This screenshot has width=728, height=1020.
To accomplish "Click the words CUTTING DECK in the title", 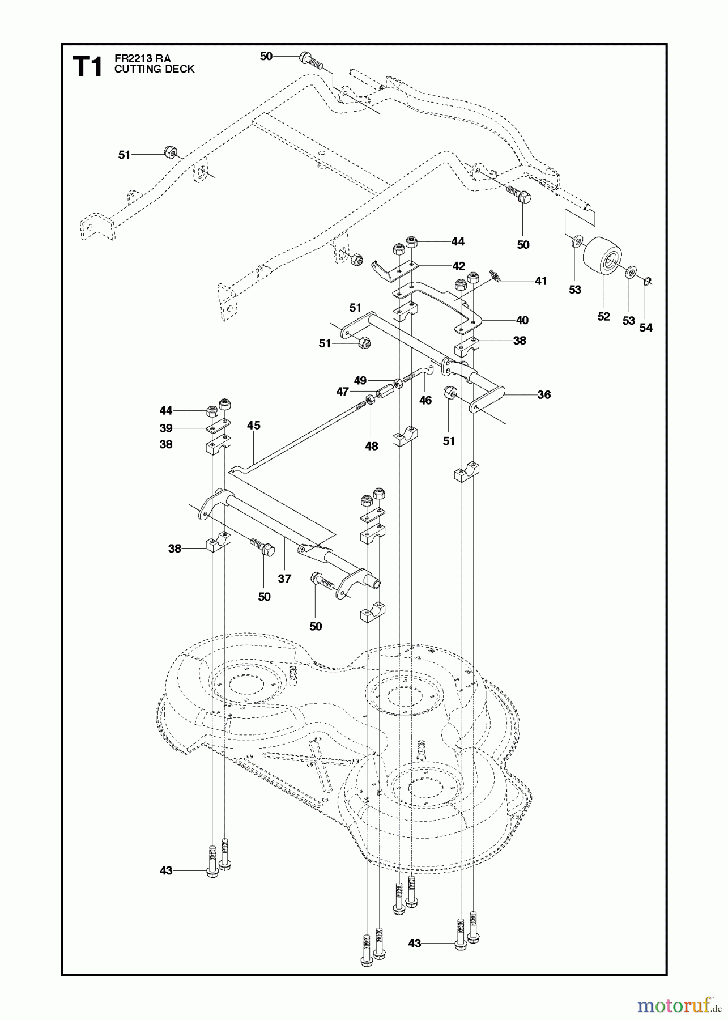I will click(x=154, y=69).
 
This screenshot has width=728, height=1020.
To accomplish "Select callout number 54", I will click(x=645, y=327).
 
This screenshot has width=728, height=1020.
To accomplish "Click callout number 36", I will click(x=543, y=394).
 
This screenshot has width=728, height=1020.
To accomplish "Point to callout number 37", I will click(x=284, y=578).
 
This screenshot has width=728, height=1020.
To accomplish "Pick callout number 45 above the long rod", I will click(x=254, y=425).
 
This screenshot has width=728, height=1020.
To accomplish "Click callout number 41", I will click(x=541, y=280).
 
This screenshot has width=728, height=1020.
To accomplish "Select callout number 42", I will click(x=458, y=266).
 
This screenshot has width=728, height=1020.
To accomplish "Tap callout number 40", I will click(x=522, y=320).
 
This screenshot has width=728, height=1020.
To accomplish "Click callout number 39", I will click(x=166, y=428).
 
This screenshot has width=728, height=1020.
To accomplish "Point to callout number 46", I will click(x=425, y=400).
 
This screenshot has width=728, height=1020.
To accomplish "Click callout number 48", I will click(x=371, y=446).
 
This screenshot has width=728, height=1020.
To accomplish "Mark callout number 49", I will click(x=360, y=380).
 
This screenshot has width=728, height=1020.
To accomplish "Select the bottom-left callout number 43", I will click(x=166, y=870).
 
